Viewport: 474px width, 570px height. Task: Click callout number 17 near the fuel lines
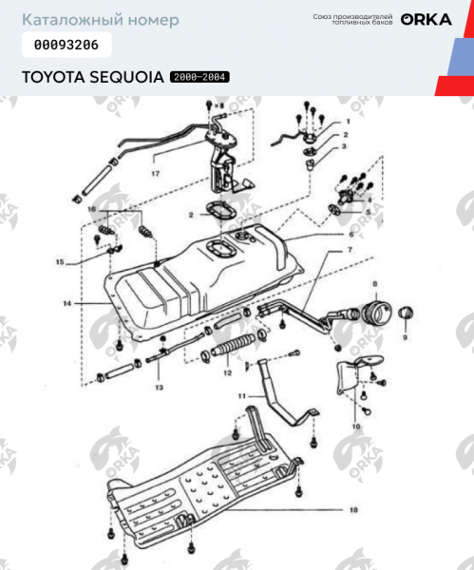click(x=155, y=174)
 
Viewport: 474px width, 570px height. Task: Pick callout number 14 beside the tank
click(x=67, y=304)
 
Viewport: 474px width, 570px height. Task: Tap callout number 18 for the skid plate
click(x=352, y=510)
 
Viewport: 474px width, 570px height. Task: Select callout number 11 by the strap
click(x=242, y=393)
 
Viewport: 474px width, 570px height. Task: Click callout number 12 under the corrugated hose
click(x=227, y=373)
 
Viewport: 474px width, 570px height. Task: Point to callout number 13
click(x=159, y=389)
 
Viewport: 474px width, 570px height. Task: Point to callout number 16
click(x=91, y=208)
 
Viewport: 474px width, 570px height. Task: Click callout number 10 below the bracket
click(x=355, y=427)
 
